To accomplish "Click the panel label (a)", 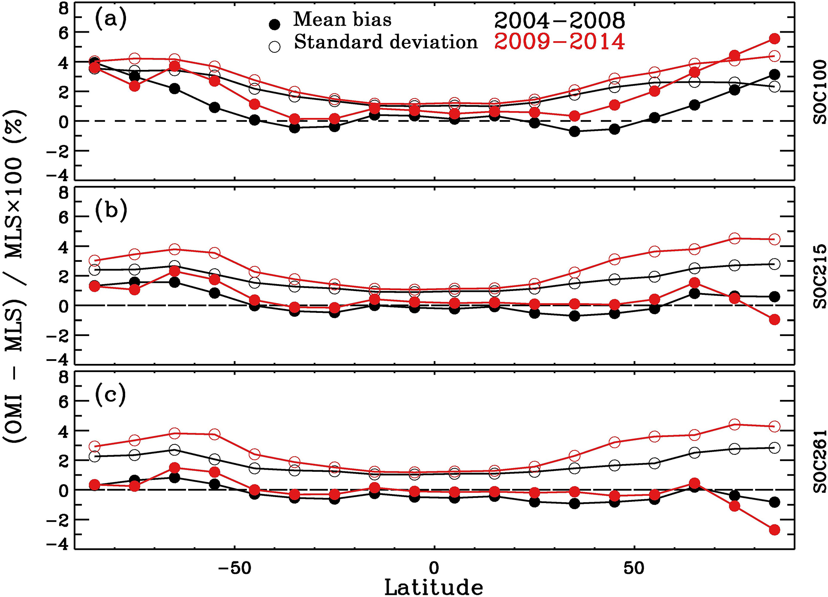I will (x=111, y=19).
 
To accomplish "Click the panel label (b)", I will (x=111, y=210).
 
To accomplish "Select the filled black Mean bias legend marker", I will (x=274, y=24).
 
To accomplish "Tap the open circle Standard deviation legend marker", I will (x=274, y=46).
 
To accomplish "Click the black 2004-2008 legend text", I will (x=559, y=20).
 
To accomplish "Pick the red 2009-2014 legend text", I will (x=559, y=42).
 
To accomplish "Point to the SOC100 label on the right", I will (x=819, y=92).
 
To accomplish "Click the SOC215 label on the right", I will (x=819, y=276).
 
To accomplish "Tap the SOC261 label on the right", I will (x=819, y=462).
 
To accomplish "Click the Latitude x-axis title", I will (x=434, y=587).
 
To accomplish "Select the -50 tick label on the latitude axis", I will (x=234, y=568).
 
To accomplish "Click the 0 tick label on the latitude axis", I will (x=434, y=568).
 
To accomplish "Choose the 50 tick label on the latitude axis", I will (x=634, y=568).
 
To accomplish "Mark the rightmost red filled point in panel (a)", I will (x=774, y=39).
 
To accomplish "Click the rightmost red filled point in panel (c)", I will (x=774, y=530).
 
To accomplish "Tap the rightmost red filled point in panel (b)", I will (x=774, y=320).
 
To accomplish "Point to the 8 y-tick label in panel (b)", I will (x=63, y=193).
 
